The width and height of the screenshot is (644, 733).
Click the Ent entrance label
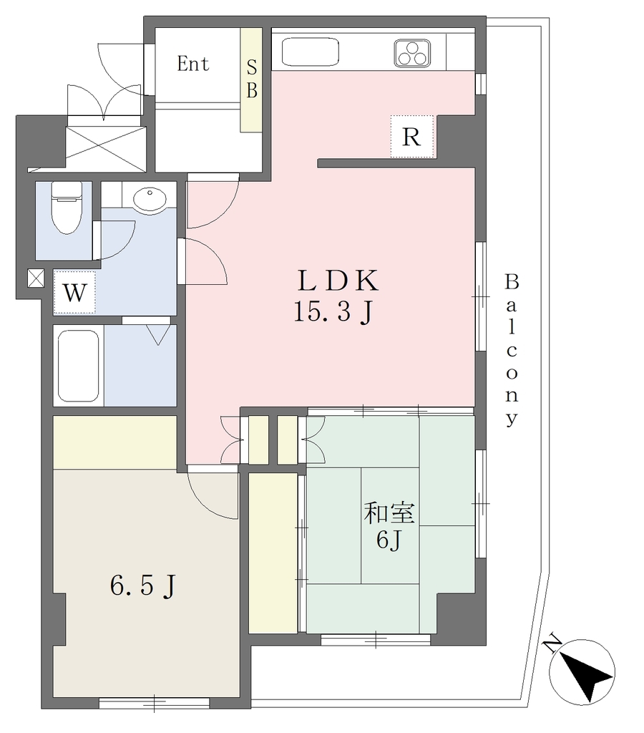(192, 64)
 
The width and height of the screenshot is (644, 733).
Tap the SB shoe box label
(251, 79)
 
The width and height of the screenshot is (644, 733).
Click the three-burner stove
(411, 53)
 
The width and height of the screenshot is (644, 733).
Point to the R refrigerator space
(412, 137)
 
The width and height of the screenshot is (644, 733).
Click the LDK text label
(338, 281)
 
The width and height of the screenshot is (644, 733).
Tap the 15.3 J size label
(333, 311)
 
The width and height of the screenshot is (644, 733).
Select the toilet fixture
(67, 208)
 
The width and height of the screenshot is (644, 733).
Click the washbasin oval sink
(149, 200)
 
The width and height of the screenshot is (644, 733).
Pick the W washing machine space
(74, 292)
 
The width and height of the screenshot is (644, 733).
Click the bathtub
(78, 366)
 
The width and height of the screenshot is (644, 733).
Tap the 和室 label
(389, 513)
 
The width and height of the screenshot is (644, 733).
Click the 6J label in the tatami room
(389, 540)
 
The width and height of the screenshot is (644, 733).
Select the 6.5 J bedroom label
(143, 585)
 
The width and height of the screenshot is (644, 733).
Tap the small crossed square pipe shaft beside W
(36, 278)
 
